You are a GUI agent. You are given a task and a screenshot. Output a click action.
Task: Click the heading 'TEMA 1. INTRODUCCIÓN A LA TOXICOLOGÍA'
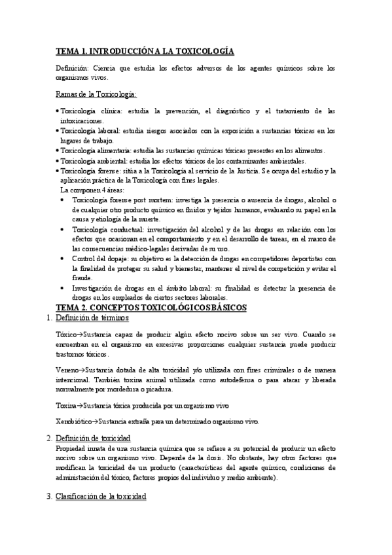click(x=145, y=50)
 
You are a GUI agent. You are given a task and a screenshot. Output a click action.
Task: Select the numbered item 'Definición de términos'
click(x=92, y=318)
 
